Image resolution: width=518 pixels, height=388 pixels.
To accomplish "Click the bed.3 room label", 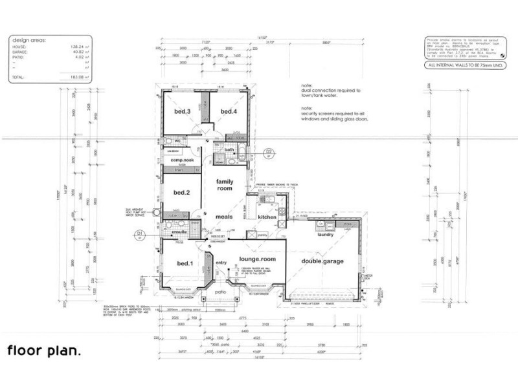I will (x=182, y=111).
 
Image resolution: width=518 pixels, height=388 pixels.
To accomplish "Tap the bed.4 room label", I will (x=229, y=111).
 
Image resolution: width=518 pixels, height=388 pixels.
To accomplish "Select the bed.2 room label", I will (x=181, y=193).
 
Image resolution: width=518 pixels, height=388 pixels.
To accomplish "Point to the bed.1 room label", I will (x=185, y=263).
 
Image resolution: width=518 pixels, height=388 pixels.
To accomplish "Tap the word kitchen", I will (x=267, y=217).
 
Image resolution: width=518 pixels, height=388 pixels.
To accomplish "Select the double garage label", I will (x=322, y=261).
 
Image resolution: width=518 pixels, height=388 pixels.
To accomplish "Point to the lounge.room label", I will (x=257, y=259).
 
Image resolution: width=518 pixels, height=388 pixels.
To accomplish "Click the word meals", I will (x=224, y=217).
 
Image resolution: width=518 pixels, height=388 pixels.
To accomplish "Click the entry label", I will (x=221, y=263).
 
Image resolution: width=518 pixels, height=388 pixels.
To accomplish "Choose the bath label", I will (x=229, y=150).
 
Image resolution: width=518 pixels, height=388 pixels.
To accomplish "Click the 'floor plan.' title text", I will (x=44, y=351).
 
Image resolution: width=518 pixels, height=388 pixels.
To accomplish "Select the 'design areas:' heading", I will (x=28, y=40).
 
